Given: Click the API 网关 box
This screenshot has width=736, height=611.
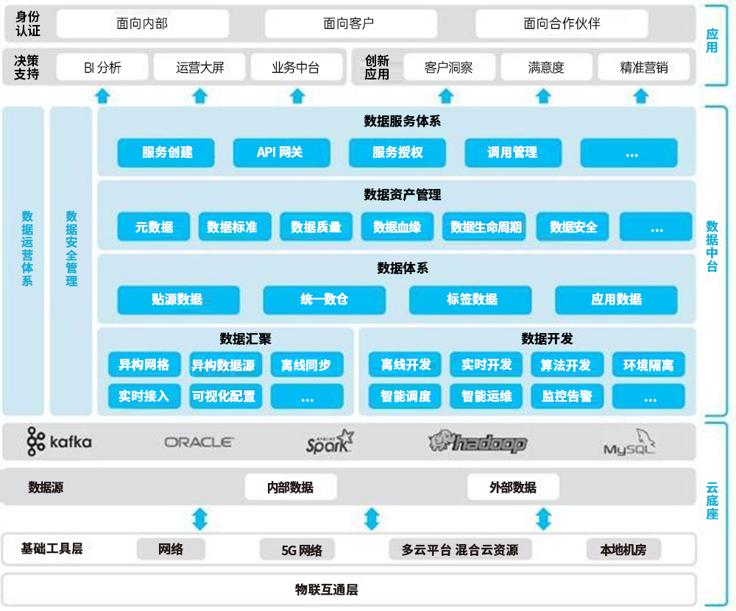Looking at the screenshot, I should [280, 153].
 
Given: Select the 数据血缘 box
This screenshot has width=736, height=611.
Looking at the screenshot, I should [397, 227].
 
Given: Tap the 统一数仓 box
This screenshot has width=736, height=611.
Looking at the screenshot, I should [325, 300].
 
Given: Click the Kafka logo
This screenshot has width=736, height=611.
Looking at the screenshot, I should [60, 441].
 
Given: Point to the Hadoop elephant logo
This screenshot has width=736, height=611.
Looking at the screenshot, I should [478, 441].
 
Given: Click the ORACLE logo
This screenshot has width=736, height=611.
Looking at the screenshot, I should [199, 442].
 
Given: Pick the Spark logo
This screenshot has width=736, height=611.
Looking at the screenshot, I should [330, 442].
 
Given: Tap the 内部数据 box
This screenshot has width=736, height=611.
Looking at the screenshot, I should [291, 487].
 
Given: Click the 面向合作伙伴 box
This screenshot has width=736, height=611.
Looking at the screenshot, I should [562, 24].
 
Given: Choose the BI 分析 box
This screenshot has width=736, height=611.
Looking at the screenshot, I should [102, 68].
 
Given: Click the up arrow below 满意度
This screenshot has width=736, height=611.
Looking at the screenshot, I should [543, 96].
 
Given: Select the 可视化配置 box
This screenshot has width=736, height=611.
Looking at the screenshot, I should [224, 396].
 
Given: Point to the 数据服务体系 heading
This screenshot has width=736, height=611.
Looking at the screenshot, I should [402, 121].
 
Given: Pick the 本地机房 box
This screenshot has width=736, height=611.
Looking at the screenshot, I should [623, 549].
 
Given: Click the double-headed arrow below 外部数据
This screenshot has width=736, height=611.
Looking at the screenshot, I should [543, 519].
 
